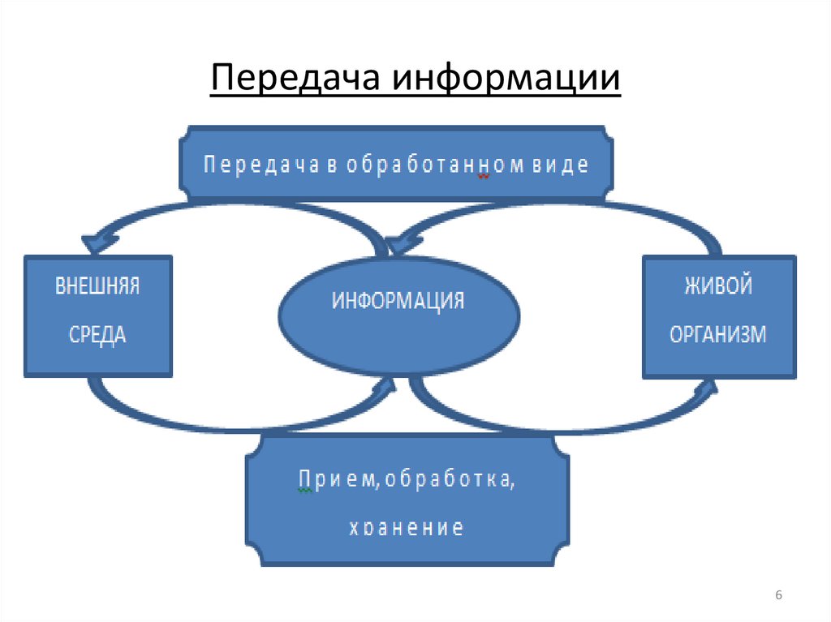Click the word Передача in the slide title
296,79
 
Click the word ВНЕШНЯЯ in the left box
97,288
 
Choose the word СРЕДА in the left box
97,334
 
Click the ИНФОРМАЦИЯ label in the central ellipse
398,302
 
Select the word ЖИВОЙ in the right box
717,287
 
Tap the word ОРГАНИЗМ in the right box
717,334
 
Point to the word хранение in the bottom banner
406,529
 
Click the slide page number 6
778,596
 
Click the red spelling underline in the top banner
484,176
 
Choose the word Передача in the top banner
243,164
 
